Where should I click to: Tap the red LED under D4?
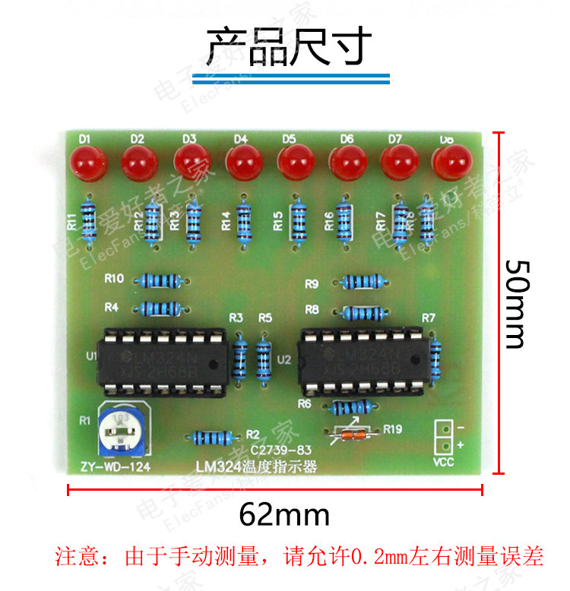pyautogui.click(x=243, y=162)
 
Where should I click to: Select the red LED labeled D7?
pyautogui.click(x=398, y=161)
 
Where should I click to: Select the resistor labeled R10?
pyautogui.click(x=158, y=280)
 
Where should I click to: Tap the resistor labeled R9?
pyautogui.click(x=362, y=283)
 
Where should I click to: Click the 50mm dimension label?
pyautogui.click(x=516, y=304)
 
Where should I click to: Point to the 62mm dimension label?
pyautogui.click(x=284, y=515)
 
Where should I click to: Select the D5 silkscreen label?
pyautogui.click(x=289, y=139)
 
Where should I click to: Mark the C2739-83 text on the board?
pyautogui.click(x=281, y=450)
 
